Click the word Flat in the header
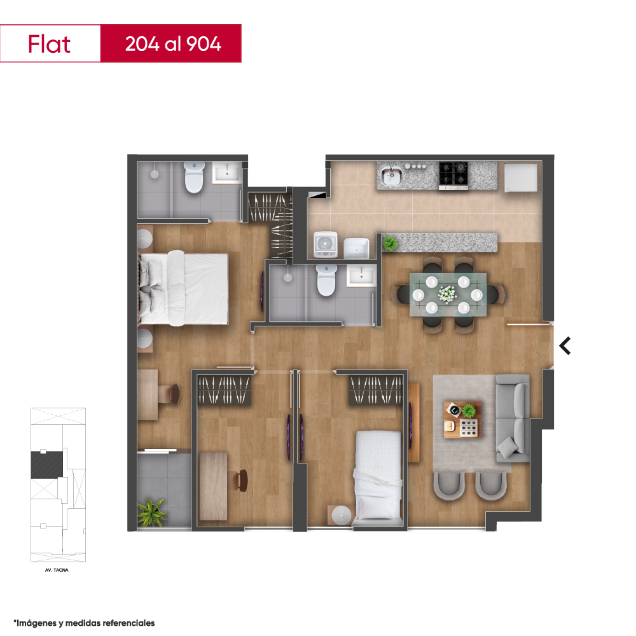click(49, 44)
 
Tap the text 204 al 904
click(173, 44)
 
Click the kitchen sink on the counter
click(391, 176)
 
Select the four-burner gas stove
click(453, 176)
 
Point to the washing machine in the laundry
click(326, 245)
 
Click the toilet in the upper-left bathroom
click(194, 177)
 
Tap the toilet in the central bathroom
click(326, 280)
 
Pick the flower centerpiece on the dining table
click(447, 294)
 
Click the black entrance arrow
click(565, 346)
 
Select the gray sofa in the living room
click(513, 418)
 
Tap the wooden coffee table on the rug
click(463, 420)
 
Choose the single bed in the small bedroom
click(378, 476)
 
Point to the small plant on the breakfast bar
click(390, 244)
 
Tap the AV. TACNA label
click(57, 570)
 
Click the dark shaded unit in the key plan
click(47, 465)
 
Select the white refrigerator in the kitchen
click(521, 177)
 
